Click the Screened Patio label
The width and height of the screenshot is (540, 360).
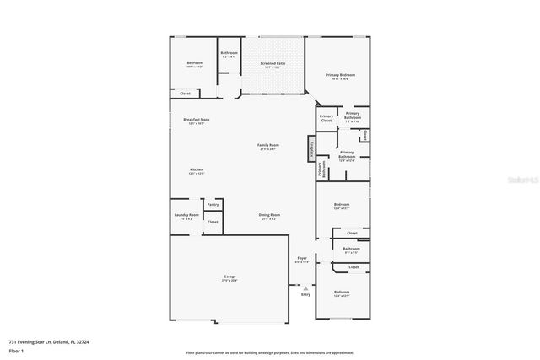pyautogui.click(x=273, y=63)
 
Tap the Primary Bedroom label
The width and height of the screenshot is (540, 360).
pyautogui.click(x=341, y=75)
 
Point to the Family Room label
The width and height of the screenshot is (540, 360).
pyautogui.click(x=268, y=146)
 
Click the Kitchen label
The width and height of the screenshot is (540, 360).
pyautogui.click(x=196, y=170)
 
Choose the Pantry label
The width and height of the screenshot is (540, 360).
pyautogui.click(x=213, y=204)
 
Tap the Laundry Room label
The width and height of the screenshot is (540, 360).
pyautogui.click(x=186, y=215)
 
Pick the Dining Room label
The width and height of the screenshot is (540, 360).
pyautogui.click(x=269, y=215)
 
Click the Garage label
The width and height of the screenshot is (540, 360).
pyautogui.click(x=229, y=277)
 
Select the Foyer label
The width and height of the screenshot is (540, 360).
pyautogui.click(x=302, y=258)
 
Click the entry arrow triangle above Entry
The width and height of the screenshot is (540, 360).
pyautogui.click(x=305, y=287)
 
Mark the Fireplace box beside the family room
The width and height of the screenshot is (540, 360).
pyautogui.click(x=311, y=148)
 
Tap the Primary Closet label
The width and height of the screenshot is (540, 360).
pyautogui.click(x=327, y=119)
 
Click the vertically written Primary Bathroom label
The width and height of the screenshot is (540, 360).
pyautogui.click(x=321, y=169)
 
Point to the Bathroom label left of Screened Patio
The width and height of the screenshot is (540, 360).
pyautogui.click(x=229, y=53)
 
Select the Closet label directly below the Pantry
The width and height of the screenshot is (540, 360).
pyautogui.click(x=213, y=222)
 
